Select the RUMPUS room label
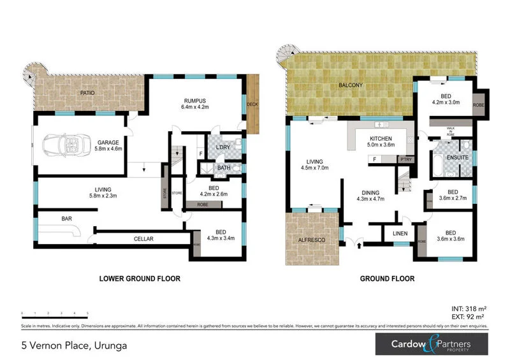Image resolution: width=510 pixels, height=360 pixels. tap(195, 101)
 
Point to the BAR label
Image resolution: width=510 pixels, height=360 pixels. tap(66, 218)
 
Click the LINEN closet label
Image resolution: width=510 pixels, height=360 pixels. tap(400, 234)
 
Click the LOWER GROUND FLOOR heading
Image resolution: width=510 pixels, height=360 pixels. tap(140, 278)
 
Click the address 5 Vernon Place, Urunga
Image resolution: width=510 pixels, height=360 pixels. tap(73, 346)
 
